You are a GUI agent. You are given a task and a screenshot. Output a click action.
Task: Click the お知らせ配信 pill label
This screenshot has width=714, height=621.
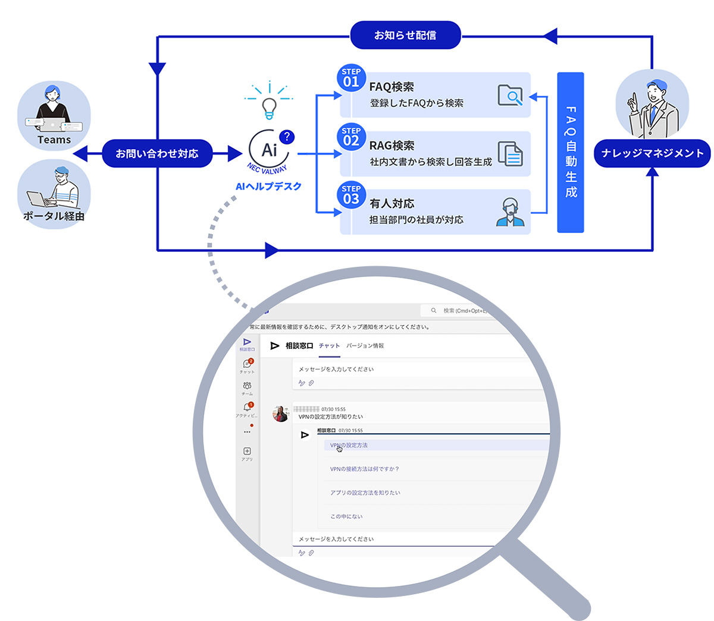tap(405, 36)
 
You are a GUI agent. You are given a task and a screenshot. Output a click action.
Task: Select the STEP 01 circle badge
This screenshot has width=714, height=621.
tap(351, 78)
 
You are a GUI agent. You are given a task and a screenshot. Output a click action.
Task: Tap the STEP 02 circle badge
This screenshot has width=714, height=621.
tap(351, 137)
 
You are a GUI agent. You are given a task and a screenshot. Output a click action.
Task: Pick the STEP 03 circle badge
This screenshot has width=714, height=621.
tap(351, 195)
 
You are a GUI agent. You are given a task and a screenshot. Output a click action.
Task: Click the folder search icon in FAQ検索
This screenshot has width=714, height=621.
tap(510, 95)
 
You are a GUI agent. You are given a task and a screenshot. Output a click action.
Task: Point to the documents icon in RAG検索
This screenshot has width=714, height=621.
tap(510, 153)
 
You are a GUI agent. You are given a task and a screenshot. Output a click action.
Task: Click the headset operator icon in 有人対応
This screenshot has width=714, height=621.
tap(510, 212)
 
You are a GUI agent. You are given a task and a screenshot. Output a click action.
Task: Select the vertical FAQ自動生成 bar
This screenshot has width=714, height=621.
tap(571, 152)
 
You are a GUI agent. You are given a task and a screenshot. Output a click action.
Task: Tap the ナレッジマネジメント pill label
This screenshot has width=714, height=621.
tap(652, 153)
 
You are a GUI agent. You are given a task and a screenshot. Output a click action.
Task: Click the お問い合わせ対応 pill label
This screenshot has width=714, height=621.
tap(157, 153)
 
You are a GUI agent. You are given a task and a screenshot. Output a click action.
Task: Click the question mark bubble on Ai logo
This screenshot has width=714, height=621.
tap(287, 137)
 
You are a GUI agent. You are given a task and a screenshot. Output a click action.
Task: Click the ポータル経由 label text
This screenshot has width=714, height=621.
tap(54, 216)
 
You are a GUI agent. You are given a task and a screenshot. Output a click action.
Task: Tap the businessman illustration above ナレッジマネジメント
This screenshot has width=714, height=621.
tap(652, 106)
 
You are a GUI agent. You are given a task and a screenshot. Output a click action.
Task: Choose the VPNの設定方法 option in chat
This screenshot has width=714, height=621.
tap(349, 445)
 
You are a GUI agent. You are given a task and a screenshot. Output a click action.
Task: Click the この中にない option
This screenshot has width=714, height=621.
tap(346, 516)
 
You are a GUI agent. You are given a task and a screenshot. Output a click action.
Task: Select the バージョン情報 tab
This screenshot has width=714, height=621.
tap(365, 346)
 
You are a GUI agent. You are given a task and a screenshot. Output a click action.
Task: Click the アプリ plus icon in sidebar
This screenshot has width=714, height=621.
tap(247, 451)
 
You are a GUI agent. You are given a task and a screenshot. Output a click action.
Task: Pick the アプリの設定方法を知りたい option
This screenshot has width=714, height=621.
tap(365, 493)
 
